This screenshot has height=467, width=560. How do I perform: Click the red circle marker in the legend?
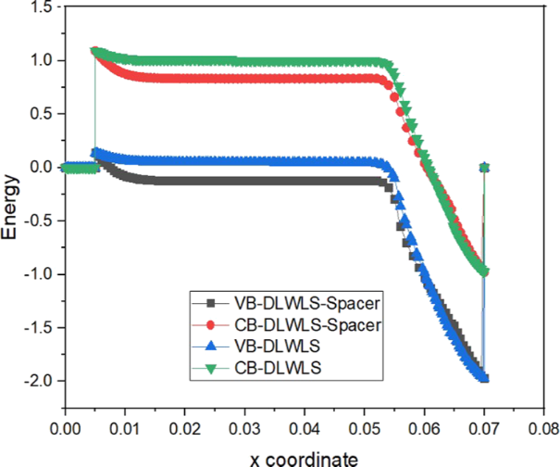pyautogui.click(x=211, y=323)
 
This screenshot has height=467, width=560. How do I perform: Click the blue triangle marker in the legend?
pyautogui.click(x=211, y=345)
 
